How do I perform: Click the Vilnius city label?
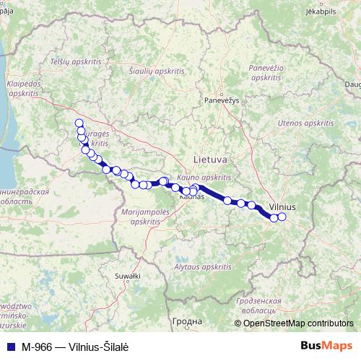click(x=282, y=206)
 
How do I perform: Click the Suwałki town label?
click(x=128, y=276)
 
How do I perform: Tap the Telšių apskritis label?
click(x=76, y=63)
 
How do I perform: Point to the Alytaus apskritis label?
click(x=198, y=267)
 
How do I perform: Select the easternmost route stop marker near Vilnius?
click(x=282, y=217)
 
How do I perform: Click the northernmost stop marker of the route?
click(x=79, y=123)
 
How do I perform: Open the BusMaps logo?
click(x=326, y=345)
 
